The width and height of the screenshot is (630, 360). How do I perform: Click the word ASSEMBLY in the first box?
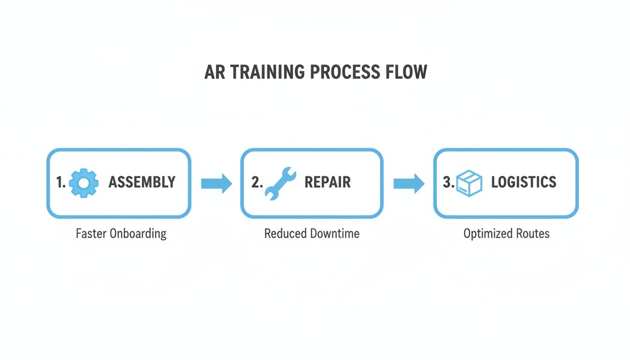pyautogui.click(x=142, y=182)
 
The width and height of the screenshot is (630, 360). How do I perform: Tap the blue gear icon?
pyautogui.click(x=84, y=183)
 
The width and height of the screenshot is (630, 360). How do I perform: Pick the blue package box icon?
pyautogui.click(x=469, y=183)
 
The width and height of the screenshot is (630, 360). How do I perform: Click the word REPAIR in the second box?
pyautogui.click(x=327, y=182)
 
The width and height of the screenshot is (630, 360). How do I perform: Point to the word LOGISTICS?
pyautogui.click(x=524, y=182)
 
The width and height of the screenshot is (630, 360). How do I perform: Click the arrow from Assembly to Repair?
pyautogui.click(x=216, y=183)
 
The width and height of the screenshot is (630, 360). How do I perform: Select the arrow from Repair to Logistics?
pyautogui.click(x=408, y=183)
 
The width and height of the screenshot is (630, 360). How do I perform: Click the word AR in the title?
pyautogui.click(x=213, y=73)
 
